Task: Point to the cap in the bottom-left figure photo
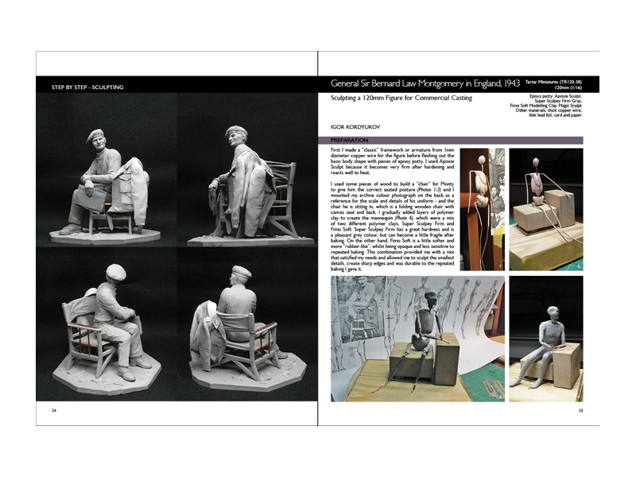click(x=115, y=271)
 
